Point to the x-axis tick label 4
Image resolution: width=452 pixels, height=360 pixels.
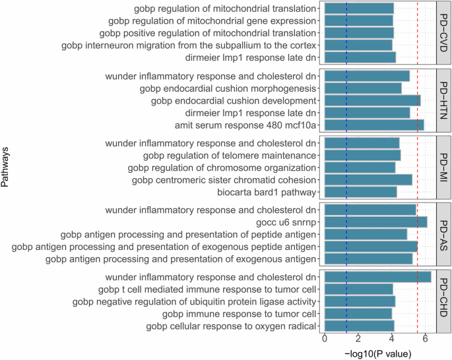click(x=393, y=340)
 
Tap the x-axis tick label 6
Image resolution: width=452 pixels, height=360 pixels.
click(x=426, y=340)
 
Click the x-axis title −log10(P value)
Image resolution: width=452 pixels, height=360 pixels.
click(x=378, y=354)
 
